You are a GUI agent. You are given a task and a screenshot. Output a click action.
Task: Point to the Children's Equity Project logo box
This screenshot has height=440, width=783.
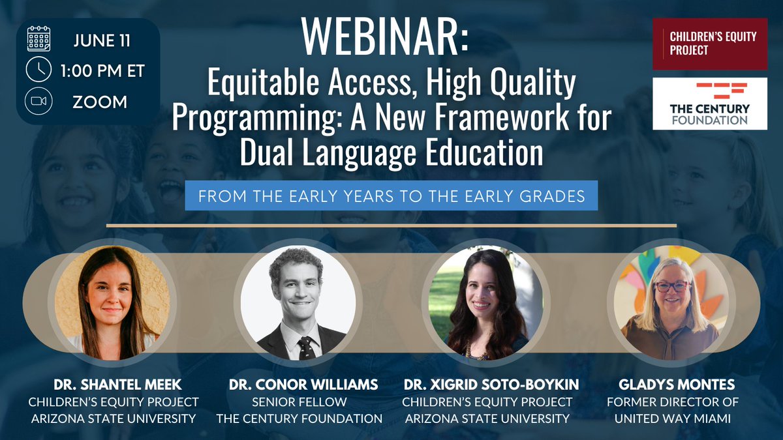click(x=710, y=44)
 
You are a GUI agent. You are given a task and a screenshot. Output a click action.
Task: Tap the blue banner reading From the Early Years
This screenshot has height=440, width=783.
click(x=391, y=196)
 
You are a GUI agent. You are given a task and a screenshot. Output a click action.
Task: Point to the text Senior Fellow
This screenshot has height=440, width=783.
click(x=298, y=402)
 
